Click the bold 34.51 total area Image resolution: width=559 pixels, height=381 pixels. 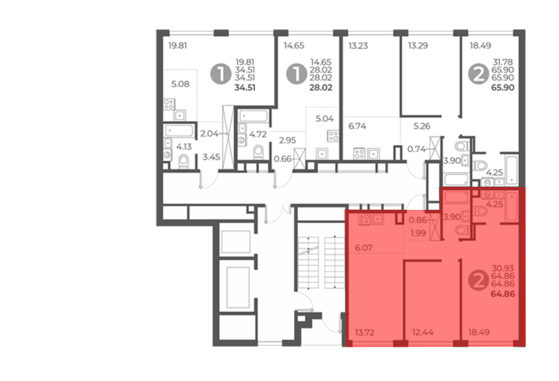click(x=245, y=88)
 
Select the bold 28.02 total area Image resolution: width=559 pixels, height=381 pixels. click(x=321, y=88)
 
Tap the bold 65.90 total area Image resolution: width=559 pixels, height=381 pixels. click(x=503, y=88)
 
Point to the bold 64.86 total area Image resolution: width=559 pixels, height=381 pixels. click(x=503, y=294)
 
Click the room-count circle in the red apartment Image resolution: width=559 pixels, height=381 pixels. click(x=479, y=280)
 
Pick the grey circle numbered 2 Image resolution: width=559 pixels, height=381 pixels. click(x=479, y=74)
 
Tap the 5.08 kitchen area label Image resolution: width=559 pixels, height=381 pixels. click(x=180, y=84)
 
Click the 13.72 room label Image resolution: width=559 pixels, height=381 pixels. click(x=365, y=332)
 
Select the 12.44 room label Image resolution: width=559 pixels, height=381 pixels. click(x=423, y=332)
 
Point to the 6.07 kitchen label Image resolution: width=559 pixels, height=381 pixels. click(x=364, y=248)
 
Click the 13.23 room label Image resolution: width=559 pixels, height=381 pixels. click(x=358, y=46)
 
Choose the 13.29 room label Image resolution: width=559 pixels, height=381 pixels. click(x=418, y=46)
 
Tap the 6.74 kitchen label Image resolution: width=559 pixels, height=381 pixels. click(x=357, y=126)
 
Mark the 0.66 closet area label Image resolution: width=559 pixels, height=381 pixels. click(x=283, y=159)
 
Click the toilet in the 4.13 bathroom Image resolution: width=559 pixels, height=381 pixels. click(x=184, y=161)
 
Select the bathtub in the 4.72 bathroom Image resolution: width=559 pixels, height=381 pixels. click(x=254, y=116)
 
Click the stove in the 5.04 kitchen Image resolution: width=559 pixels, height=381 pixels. click(x=333, y=136)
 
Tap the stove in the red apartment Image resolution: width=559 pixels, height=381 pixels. click(x=364, y=220)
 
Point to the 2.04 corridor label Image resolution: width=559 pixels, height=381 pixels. click(x=209, y=134)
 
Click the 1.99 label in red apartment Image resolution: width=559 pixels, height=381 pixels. click(x=418, y=233)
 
